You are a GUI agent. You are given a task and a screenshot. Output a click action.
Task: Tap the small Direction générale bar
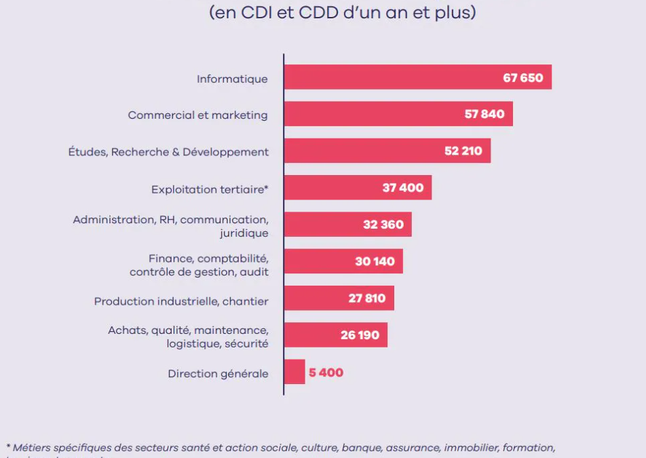294,372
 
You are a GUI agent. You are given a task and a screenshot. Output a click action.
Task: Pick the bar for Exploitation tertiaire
332,188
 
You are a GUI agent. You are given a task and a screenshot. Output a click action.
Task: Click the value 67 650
522,77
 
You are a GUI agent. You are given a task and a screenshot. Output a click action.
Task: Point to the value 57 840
484,114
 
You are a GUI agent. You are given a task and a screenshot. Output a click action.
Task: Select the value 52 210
463,151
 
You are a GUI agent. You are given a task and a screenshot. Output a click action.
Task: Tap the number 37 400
403,187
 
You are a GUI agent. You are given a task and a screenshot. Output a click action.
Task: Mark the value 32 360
383,225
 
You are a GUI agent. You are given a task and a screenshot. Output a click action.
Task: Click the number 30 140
375,261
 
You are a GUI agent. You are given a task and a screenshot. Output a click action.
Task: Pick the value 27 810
366,298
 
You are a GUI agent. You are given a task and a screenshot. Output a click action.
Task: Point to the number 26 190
360,335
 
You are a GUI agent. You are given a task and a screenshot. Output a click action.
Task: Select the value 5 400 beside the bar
326,373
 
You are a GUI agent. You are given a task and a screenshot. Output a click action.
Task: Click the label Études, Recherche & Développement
168,152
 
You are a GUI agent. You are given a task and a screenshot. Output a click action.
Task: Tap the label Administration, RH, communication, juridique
171,226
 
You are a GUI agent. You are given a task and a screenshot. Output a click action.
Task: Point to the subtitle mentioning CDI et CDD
342,13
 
